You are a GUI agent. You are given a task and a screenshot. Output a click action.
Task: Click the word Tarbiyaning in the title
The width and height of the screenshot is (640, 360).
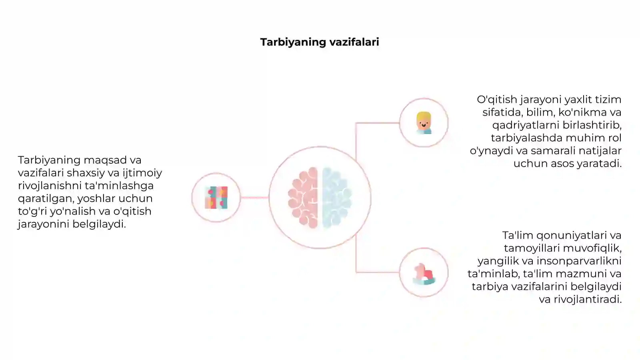click(293, 42)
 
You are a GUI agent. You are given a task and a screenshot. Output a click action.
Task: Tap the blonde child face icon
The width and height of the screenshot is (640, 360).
click(424, 123)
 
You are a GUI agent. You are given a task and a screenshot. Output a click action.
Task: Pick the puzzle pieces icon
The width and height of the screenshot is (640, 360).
click(216, 198)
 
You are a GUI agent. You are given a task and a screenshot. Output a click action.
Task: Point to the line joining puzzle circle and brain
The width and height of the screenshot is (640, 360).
click(254, 197)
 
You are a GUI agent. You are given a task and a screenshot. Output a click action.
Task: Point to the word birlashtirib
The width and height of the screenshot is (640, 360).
click(592, 125)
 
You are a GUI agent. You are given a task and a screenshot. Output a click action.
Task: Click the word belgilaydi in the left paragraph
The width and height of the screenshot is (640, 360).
click(99, 224)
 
